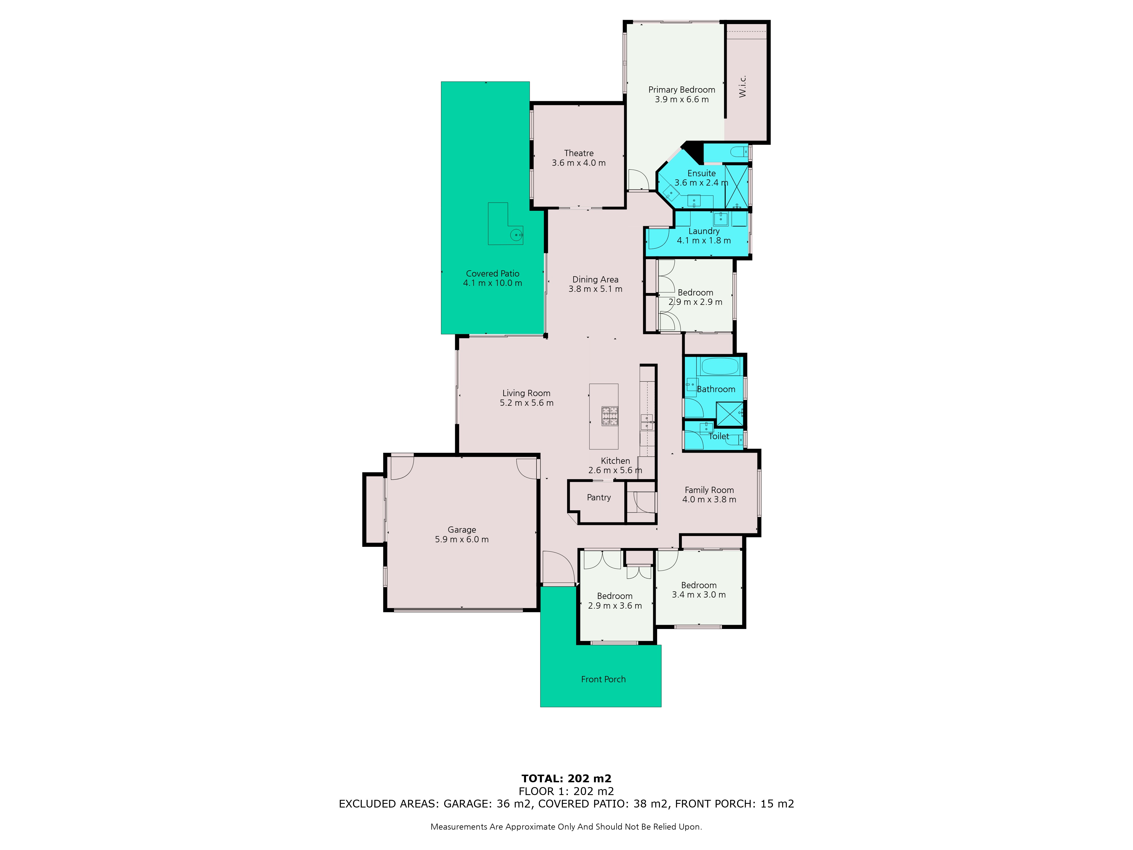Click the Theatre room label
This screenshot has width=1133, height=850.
(x=579, y=153)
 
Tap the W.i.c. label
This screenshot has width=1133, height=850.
(x=743, y=86)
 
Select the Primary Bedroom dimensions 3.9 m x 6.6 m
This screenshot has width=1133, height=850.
(x=682, y=99)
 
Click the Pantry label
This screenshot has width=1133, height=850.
(x=599, y=498)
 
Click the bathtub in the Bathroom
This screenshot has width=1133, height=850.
(x=720, y=366)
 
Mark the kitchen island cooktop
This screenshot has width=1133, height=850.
(x=610, y=416)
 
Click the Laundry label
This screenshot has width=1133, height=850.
(x=704, y=231)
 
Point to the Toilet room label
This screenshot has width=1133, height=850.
(x=719, y=436)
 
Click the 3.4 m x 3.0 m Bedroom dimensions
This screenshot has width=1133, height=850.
(x=699, y=595)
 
